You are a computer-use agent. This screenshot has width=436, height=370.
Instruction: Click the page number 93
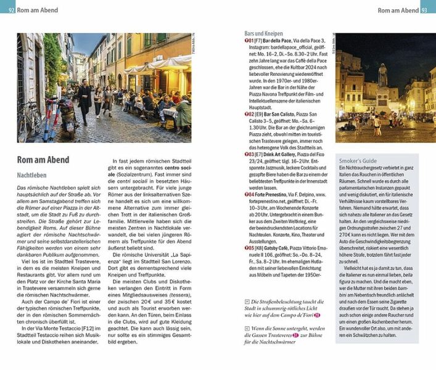coord(427,10)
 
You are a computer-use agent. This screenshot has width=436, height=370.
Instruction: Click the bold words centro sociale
coord(159,168)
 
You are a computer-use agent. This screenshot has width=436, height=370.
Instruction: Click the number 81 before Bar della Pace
coord(252,41)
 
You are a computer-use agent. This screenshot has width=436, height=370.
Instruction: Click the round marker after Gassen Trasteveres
coord(296,335)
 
